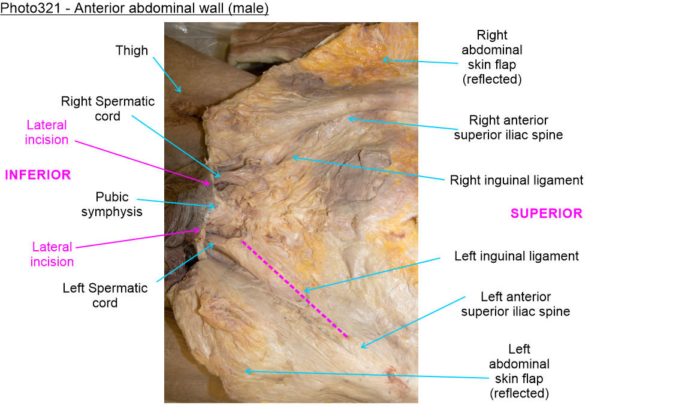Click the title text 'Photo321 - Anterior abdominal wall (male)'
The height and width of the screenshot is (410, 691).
(134, 9)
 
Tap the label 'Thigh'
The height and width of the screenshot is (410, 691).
(132, 50)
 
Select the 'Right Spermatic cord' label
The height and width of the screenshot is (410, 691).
(108, 109)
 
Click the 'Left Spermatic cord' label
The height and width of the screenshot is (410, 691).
(105, 295)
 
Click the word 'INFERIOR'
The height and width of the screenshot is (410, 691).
(38, 175)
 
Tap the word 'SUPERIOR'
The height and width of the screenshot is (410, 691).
(546, 213)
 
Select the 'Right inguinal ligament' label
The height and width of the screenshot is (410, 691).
(516, 180)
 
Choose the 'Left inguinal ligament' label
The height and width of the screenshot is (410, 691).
(516, 256)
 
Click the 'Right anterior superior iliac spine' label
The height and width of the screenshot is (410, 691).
(508, 127)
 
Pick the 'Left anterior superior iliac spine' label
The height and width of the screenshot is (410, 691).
(515, 304)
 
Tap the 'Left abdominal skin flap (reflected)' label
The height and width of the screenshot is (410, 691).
(519, 371)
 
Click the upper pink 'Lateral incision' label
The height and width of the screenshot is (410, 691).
(47, 132)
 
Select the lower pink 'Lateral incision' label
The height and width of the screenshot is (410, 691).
(52, 254)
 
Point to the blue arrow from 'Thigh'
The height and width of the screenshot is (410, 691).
(166, 74)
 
